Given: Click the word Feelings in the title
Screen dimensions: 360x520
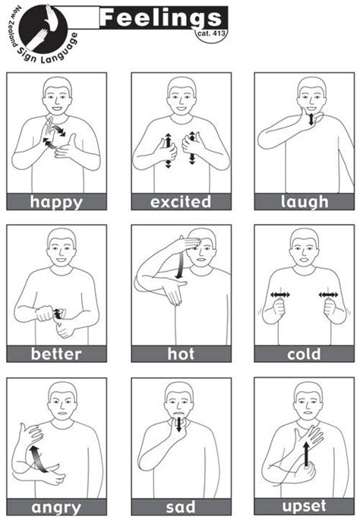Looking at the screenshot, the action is pyautogui.click(x=160, y=17).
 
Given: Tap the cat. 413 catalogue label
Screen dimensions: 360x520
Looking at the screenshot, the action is pyautogui.click(x=211, y=33).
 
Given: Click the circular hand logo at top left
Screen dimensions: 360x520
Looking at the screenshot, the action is pyautogui.click(x=43, y=29).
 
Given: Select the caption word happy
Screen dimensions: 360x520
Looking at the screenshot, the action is pyautogui.click(x=56, y=202).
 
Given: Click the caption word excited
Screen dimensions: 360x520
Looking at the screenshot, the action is pyautogui.click(x=181, y=202).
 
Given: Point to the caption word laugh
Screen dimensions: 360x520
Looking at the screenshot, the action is pyautogui.click(x=305, y=202).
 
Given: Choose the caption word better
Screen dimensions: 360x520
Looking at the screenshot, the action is pyautogui.click(x=56, y=354).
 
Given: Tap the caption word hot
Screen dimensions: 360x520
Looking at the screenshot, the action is pyautogui.click(x=181, y=354).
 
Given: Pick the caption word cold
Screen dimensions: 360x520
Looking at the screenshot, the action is pyautogui.click(x=304, y=354).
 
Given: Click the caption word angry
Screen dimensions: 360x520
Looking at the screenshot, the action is pyautogui.click(x=56, y=508).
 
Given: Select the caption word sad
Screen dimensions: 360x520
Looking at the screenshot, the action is pyautogui.click(x=181, y=507).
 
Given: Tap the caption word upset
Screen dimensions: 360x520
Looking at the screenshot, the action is pyautogui.click(x=305, y=506).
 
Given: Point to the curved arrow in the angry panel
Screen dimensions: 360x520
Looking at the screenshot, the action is pyautogui.click(x=38, y=459).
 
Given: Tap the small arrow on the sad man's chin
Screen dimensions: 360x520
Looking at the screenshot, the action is pyautogui.click(x=178, y=424).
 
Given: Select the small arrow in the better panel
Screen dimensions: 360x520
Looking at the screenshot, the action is pyautogui.click(x=58, y=314).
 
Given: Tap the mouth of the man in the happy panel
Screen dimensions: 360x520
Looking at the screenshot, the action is pyautogui.click(x=57, y=109).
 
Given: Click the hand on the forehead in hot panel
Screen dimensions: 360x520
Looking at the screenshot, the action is pyautogui.click(x=188, y=243).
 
